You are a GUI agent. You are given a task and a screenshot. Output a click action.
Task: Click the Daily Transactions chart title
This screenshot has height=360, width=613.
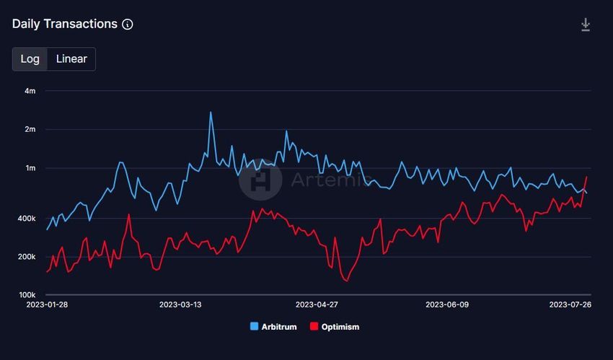coord(64,24)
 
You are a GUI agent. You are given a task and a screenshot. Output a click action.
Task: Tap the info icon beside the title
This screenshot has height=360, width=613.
coord(128,25)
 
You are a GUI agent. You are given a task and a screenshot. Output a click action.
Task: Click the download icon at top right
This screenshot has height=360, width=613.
coord(586,25)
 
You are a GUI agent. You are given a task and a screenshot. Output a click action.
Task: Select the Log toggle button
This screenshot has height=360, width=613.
coord(30,59)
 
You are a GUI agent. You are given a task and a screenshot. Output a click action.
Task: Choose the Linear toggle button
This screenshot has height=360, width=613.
coord(71,59)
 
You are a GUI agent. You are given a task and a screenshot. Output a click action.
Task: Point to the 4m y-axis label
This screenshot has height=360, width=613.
coord(30,91)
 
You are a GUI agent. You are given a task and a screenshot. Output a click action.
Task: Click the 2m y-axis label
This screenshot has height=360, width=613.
coord(30,130)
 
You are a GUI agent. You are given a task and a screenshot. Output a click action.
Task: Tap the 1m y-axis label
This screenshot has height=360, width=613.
coord(30,168)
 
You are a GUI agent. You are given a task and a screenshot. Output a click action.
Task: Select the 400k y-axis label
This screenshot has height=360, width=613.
coord(27,219)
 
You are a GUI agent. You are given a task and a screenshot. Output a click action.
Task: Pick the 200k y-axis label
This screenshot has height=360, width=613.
coord(27,257)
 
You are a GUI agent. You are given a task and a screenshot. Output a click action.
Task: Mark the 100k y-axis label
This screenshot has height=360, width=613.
coord(27,295)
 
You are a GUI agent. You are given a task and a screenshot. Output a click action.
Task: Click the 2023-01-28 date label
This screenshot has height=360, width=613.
coord(47,305)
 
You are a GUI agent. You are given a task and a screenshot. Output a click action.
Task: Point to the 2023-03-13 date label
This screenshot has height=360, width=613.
coord(181,305)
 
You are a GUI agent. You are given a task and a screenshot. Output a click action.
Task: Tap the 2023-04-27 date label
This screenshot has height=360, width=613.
coord(317,305)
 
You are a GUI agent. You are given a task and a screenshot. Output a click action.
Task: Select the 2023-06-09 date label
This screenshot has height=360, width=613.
coord(447,305)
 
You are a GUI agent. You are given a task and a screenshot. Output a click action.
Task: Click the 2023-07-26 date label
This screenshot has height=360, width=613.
coord(570,305)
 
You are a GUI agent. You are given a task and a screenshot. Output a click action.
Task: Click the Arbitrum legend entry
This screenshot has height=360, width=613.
coord(274,327)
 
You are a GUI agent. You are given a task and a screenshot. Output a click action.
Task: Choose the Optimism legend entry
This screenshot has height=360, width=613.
coord(334,327)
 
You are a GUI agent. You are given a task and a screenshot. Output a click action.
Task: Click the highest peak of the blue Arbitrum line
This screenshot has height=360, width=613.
coord(211,113)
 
